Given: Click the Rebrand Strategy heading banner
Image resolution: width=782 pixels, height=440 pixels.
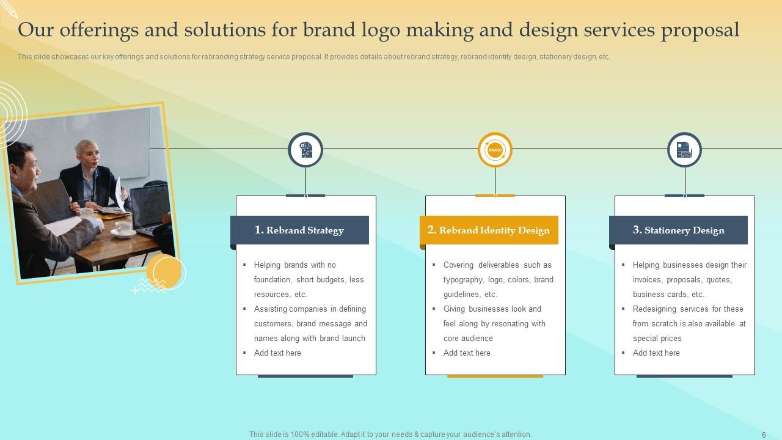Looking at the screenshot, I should point(299,230).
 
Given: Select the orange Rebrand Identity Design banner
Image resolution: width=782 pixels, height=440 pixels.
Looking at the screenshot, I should point(489,230).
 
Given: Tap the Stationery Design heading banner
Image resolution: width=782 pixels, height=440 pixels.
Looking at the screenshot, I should point(678,230).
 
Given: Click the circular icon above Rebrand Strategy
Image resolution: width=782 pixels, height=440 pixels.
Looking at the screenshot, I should point(305,150).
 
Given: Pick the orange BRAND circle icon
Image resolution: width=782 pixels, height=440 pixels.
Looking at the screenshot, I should point(495,150).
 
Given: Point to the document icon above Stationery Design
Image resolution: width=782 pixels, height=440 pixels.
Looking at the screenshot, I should point(684,150).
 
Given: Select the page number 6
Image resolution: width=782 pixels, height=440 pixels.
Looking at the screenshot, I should point(764,435).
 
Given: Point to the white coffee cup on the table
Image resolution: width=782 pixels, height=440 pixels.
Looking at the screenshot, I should point(124,227).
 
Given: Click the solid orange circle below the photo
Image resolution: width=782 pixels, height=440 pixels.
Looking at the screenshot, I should point(164,271).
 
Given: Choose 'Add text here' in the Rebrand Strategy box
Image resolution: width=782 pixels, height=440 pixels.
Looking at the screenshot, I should point(277,353).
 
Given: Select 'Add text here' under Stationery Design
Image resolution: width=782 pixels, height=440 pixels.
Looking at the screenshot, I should point(656,353).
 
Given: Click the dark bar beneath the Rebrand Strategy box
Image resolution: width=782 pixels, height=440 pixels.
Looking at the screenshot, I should point(305,376).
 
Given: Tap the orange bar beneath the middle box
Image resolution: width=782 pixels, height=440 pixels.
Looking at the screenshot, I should point(495,376).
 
